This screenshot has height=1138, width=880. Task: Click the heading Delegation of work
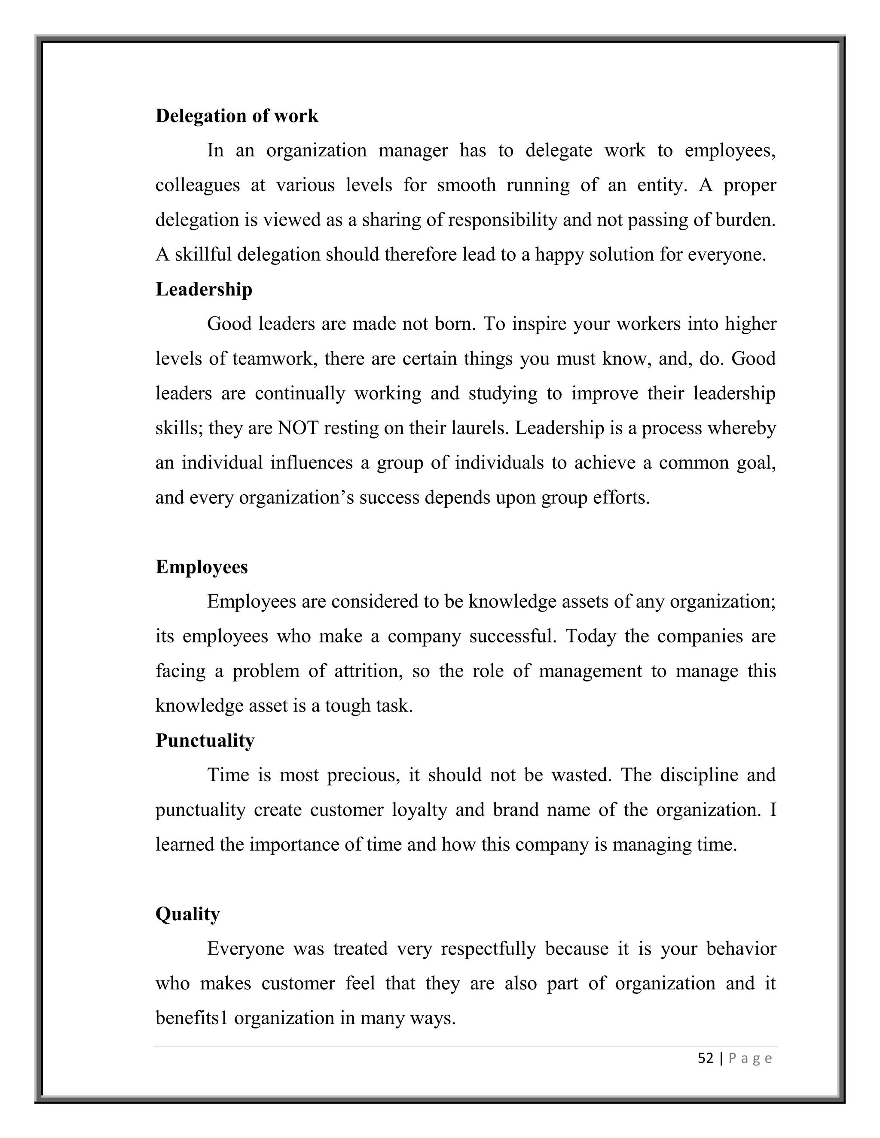236,116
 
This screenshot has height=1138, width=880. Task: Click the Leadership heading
204,289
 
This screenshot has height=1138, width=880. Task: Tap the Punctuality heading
205,740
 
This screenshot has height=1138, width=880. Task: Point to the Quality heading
188,914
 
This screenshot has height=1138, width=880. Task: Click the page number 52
706,1058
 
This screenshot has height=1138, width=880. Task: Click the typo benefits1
192,1018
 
